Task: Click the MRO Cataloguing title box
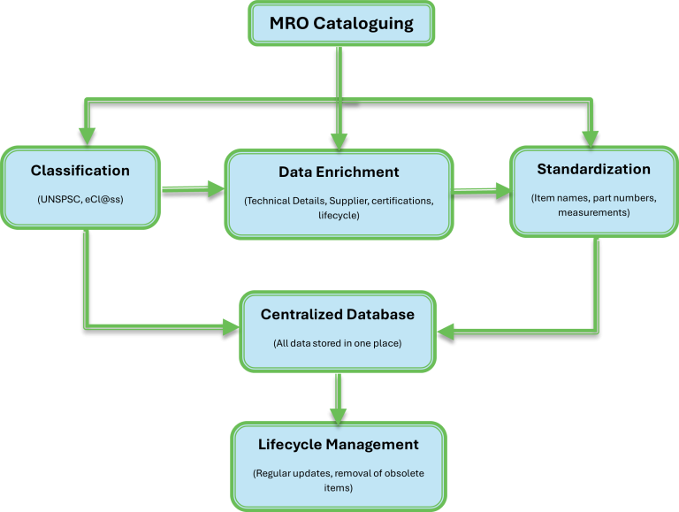coord(340,23)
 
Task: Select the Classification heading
coord(80,170)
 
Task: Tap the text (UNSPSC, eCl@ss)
coord(80,201)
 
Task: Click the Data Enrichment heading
coord(339,172)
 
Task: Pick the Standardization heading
coord(593,169)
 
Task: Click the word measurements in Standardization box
coord(593,212)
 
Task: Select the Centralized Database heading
coord(337,314)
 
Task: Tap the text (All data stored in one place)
coord(337,342)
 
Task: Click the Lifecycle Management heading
coord(338,444)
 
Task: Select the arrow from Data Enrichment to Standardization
coord(481,190)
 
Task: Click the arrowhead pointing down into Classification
coord(86,135)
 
